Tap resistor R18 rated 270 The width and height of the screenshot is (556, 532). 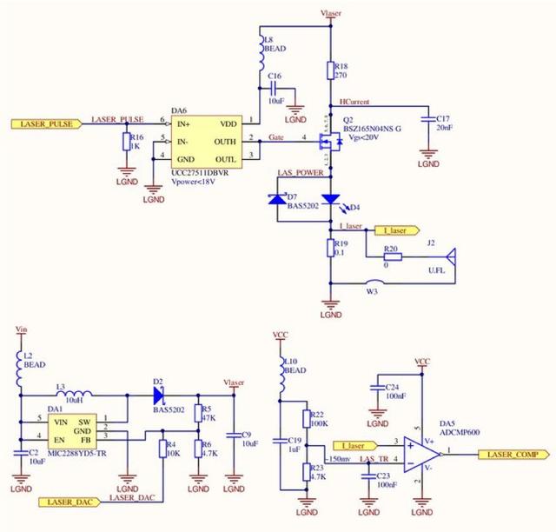tap(330, 71)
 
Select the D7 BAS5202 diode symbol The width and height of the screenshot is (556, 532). tap(278, 198)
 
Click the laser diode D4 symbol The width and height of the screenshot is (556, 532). tap(330, 199)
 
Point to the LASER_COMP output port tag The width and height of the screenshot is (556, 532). tap(517, 455)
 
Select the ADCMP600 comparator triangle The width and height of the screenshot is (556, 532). tap(422, 454)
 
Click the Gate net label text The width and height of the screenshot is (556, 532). tap(275, 137)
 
